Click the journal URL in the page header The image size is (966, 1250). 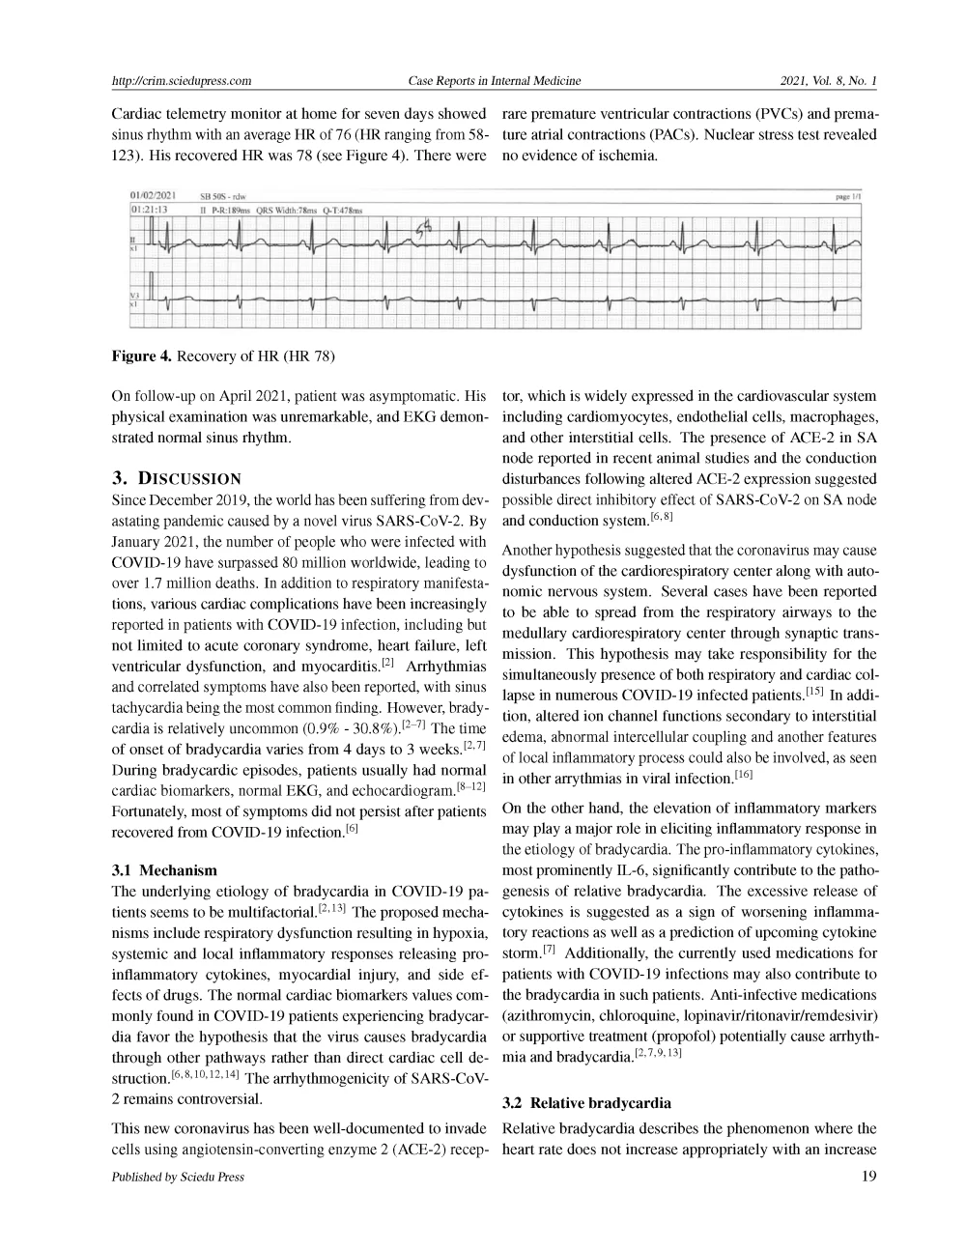tap(182, 81)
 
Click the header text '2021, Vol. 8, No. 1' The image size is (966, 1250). tap(828, 81)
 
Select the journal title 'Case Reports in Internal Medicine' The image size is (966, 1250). tap(495, 81)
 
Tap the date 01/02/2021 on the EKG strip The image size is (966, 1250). tap(152, 196)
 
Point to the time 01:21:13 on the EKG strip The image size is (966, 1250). tap(149, 209)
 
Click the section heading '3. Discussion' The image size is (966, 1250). tap(177, 478)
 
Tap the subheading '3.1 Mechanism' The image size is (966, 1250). tap(164, 870)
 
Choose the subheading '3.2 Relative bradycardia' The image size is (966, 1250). tap(586, 1102)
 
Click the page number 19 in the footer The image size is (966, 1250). tap(867, 1177)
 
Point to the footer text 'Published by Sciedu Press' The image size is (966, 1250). tap(178, 1177)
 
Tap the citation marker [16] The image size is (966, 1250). tap(743, 775)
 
